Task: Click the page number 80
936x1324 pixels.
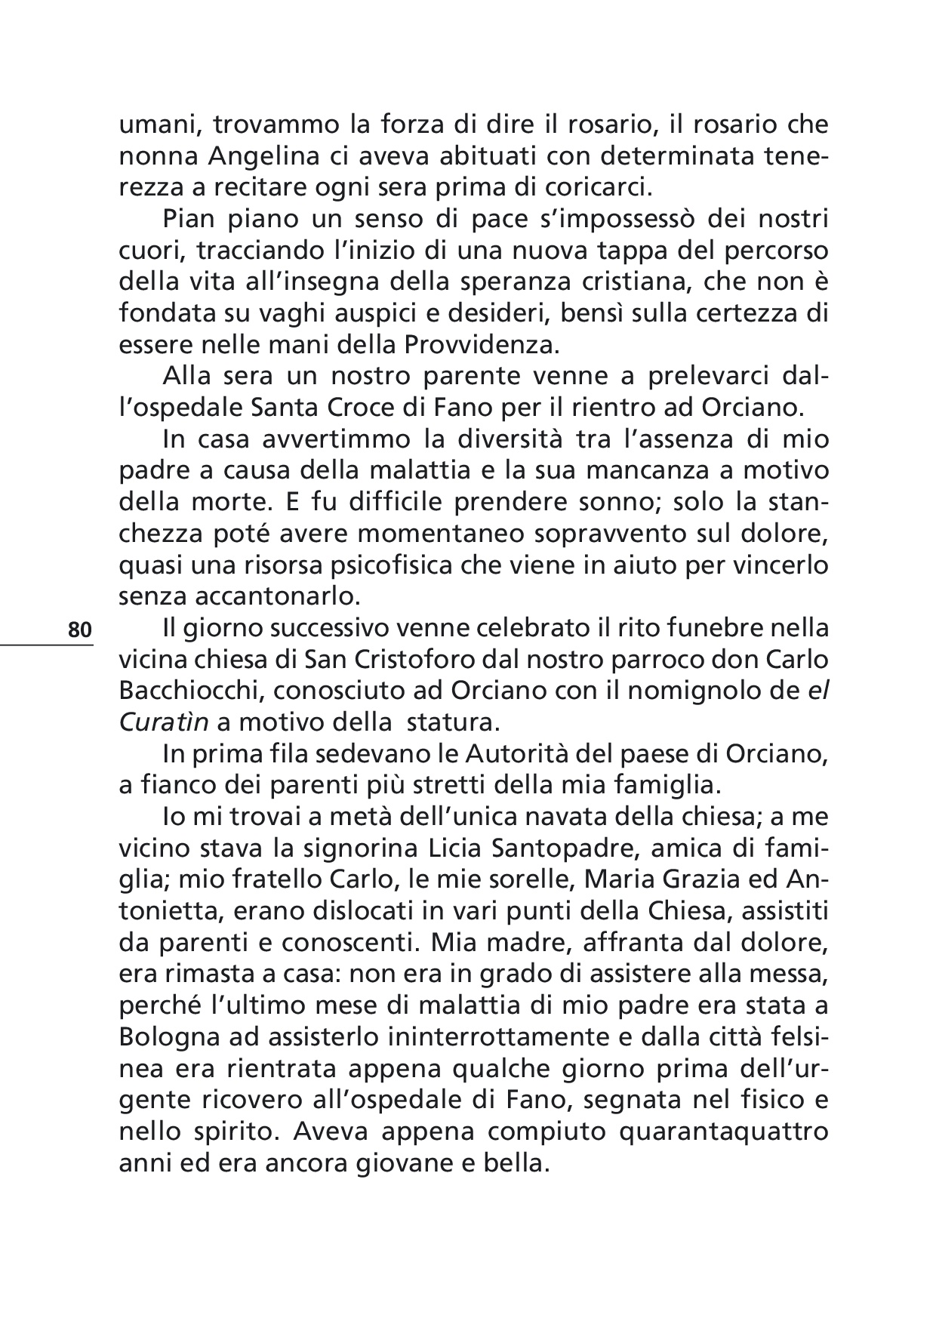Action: coord(79,630)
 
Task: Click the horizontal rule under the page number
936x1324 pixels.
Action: coord(47,644)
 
